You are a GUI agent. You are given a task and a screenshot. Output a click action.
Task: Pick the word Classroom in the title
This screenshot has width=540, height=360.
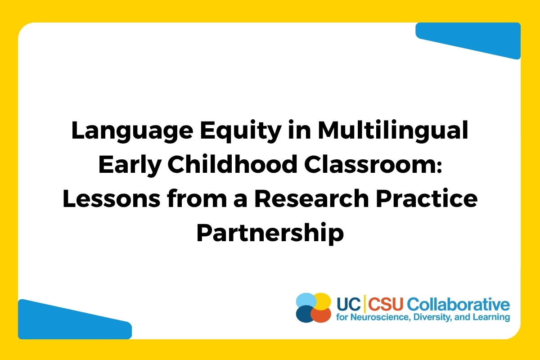pos(369,164)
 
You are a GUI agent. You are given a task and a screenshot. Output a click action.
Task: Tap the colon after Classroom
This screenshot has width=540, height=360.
pos(439,166)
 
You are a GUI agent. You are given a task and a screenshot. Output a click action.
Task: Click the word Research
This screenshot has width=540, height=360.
pos(312,198)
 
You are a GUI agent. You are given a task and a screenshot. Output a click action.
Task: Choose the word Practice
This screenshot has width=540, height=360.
pos(427,198)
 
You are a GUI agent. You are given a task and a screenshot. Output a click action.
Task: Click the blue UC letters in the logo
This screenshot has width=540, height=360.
pos(349,304)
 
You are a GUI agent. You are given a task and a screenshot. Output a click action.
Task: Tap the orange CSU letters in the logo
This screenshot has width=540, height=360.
pos(386,304)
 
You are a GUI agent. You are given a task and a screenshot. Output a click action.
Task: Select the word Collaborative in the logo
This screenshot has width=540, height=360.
pos(459,304)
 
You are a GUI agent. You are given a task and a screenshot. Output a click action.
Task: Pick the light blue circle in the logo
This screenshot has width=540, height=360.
pos(306,301)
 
